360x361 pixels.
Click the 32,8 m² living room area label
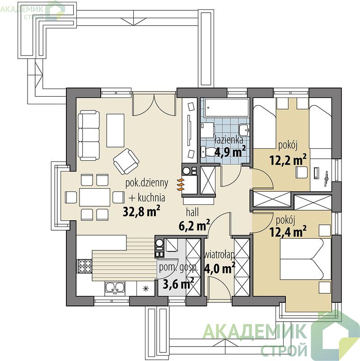tap(141, 211)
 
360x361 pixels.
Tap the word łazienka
tap(229, 140)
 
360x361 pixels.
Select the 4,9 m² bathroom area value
tap(230, 151)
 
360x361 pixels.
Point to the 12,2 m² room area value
tap(288, 160)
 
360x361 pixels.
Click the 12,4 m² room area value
tap(288, 231)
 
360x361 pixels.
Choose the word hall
tap(192, 212)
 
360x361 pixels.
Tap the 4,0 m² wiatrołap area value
tap(220, 268)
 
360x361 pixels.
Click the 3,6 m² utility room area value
tap(178, 284)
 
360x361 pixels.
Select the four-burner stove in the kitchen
tap(84, 266)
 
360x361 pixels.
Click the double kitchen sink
tap(115, 288)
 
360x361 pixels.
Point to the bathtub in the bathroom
tap(227, 107)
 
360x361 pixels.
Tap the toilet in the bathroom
tap(208, 151)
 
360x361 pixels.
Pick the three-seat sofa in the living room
tap(89, 135)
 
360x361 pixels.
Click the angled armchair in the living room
tap(126, 161)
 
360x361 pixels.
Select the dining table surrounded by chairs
tap(95, 197)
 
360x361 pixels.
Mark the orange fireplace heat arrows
tap(181, 185)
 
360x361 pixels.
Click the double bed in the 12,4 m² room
tap(306, 259)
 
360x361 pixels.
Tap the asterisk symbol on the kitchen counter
tap(145, 288)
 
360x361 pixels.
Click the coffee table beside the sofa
tap(115, 130)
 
